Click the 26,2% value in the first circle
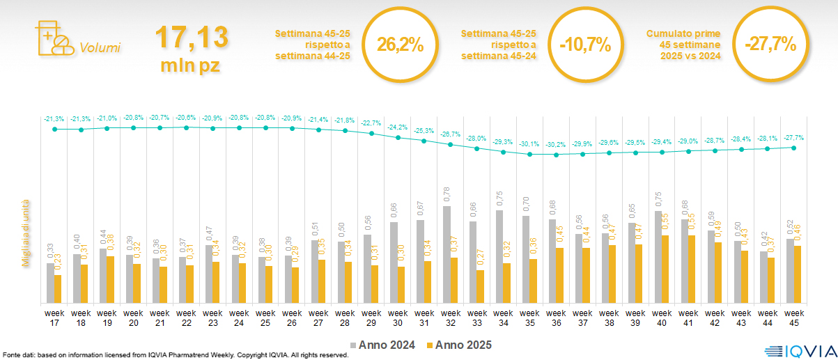click(400, 45)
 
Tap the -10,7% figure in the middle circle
click(585, 45)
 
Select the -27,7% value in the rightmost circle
click(770, 45)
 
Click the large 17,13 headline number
click(191, 37)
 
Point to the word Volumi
click(100, 48)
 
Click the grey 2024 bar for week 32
click(447, 254)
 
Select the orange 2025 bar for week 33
click(480, 286)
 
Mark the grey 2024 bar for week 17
click(50, 283)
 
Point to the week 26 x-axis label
click(291, 317)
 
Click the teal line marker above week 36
click(556, 155)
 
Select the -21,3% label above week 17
click(54, 118)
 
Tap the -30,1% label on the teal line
click(530, 144)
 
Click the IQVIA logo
click(799, 350)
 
